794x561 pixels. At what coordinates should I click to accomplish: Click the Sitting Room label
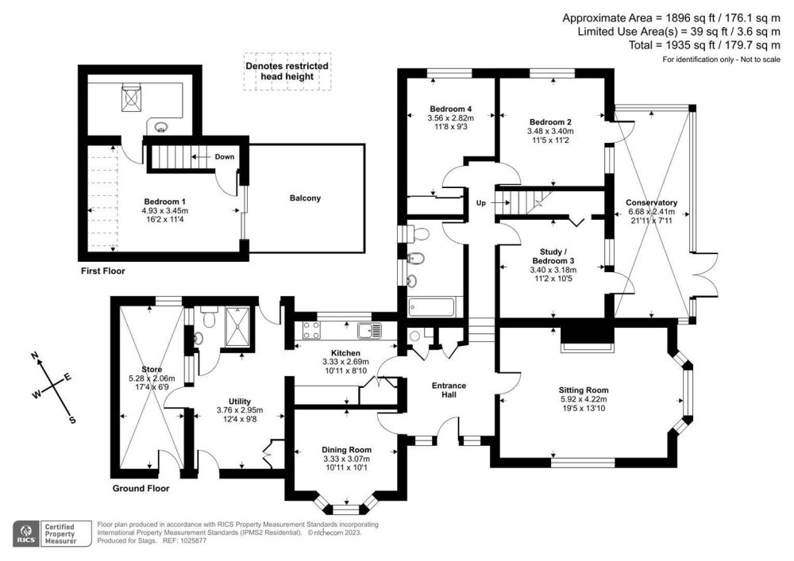point(583,390)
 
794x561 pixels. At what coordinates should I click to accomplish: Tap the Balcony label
point(304,198)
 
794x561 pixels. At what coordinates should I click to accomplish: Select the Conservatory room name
point(650,202)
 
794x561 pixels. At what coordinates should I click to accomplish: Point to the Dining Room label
point(346,449)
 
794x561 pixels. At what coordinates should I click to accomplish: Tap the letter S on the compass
point(72,420)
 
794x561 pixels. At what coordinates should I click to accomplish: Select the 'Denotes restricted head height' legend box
point(287,71)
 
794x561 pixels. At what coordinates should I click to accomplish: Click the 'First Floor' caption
point(103,271)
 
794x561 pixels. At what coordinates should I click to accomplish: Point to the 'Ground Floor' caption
point(141,489)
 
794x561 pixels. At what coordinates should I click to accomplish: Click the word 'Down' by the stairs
point(224,156)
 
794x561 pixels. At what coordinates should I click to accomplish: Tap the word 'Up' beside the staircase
point(480,203)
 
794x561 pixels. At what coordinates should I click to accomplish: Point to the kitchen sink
point(369,330)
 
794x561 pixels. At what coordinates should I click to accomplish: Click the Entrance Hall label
point(449,391)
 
